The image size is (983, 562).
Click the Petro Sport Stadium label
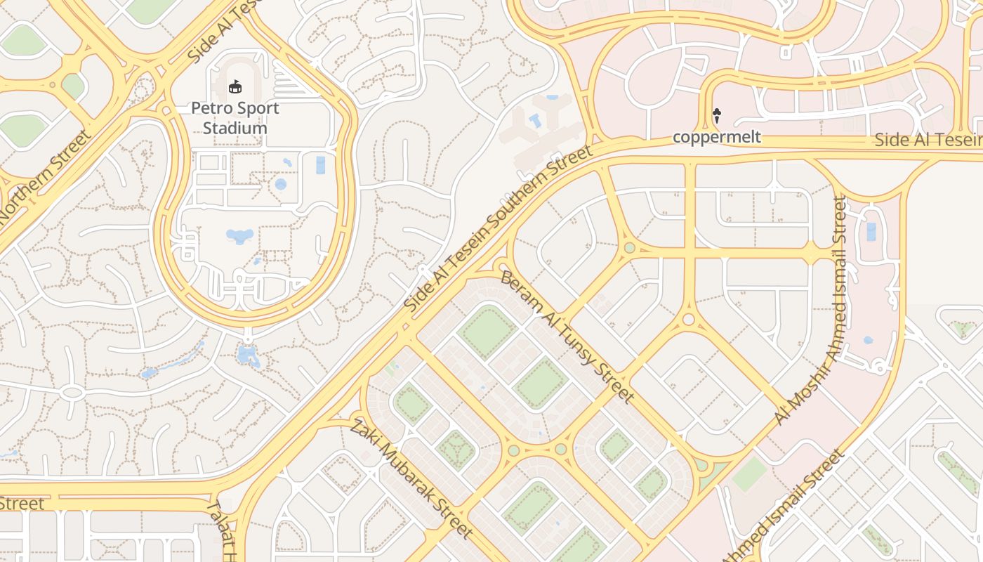pos(235,118)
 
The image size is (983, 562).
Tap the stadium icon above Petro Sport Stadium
pos(235,87)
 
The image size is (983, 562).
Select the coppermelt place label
pos(716,137)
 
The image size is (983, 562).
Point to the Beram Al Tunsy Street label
pos(567,336)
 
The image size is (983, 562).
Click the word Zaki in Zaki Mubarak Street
pos(363,433)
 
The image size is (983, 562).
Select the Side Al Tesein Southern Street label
pos(499,230)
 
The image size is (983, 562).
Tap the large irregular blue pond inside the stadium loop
pos(239,235)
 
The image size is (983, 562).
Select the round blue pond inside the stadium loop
pos(281,184)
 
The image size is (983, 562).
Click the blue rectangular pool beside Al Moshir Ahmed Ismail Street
pos(871,231)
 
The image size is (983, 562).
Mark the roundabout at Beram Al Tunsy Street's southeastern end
pos(701,464)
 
